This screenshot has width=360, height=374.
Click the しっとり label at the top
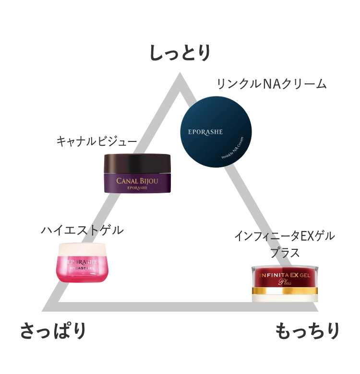[x=180, y=53]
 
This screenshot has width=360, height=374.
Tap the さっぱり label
[x=53, y=331]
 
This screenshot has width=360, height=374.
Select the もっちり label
[x=308, y=331]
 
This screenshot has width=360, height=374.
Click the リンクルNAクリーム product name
[x=271, y=84]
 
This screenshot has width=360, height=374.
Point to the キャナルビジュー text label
[x=96, y=141]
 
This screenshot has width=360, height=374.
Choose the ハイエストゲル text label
[x=82, y=230]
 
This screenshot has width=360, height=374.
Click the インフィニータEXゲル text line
[x=284, y=236]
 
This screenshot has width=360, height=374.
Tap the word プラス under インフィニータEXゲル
[x=285, y=253]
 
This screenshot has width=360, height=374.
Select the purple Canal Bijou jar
[x=138, y=173]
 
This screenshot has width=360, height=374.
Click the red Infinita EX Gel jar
[x=285, y=283]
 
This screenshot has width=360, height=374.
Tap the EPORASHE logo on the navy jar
[x=205, y=131]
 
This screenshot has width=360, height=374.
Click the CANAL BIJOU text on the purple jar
[x=137, y=180]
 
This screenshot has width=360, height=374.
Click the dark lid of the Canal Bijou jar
[x=138, y=163]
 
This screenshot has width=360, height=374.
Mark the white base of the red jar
[x=285, y=297]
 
